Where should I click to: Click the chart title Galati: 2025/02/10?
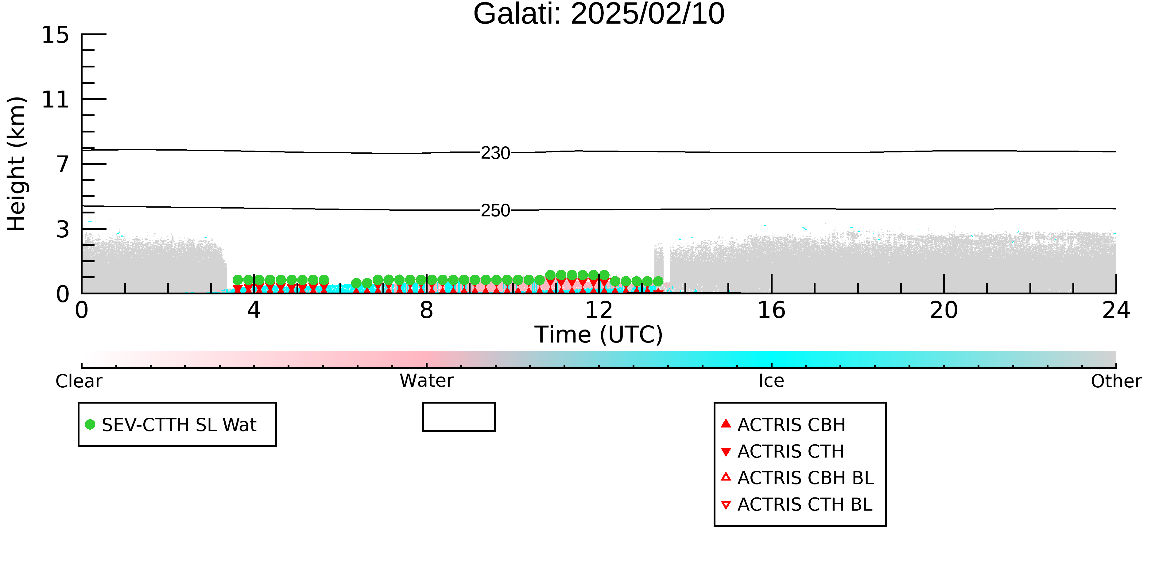pos(599,14)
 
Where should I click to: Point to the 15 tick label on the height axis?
pos(56,35)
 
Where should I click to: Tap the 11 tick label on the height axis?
pos(56,100)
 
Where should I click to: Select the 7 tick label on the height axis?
pos(63,164)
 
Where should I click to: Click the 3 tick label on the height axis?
pos(63,229)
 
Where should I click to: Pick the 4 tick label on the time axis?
pos(254,310)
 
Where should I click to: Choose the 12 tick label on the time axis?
pos(599,310)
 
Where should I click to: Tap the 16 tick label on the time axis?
pos(771,310)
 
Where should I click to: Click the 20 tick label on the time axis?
pos(944,310)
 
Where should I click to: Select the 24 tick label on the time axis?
pos(1116,310)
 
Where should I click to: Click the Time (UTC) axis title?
pos(599,335)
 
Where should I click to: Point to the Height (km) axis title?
pos(17,164)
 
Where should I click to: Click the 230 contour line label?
pos(495,153)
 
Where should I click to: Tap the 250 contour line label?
pos(495,210)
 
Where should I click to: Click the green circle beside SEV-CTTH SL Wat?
pos(90,424)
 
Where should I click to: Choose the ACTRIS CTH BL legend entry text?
pos(805,504)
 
